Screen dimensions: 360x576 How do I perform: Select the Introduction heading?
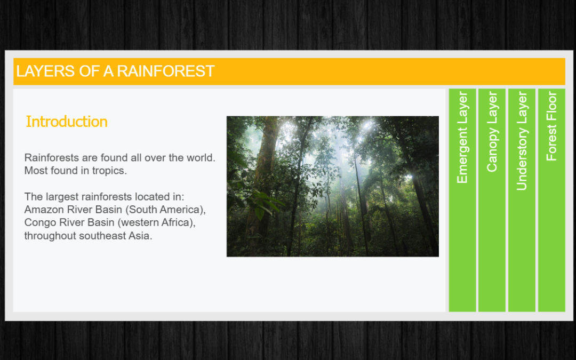67,122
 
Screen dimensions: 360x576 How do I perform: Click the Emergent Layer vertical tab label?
462,138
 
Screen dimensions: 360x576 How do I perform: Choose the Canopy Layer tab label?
492,132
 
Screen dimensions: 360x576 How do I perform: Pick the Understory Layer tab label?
522,141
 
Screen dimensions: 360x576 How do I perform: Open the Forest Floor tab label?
551,126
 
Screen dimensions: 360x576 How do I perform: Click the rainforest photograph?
332,186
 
